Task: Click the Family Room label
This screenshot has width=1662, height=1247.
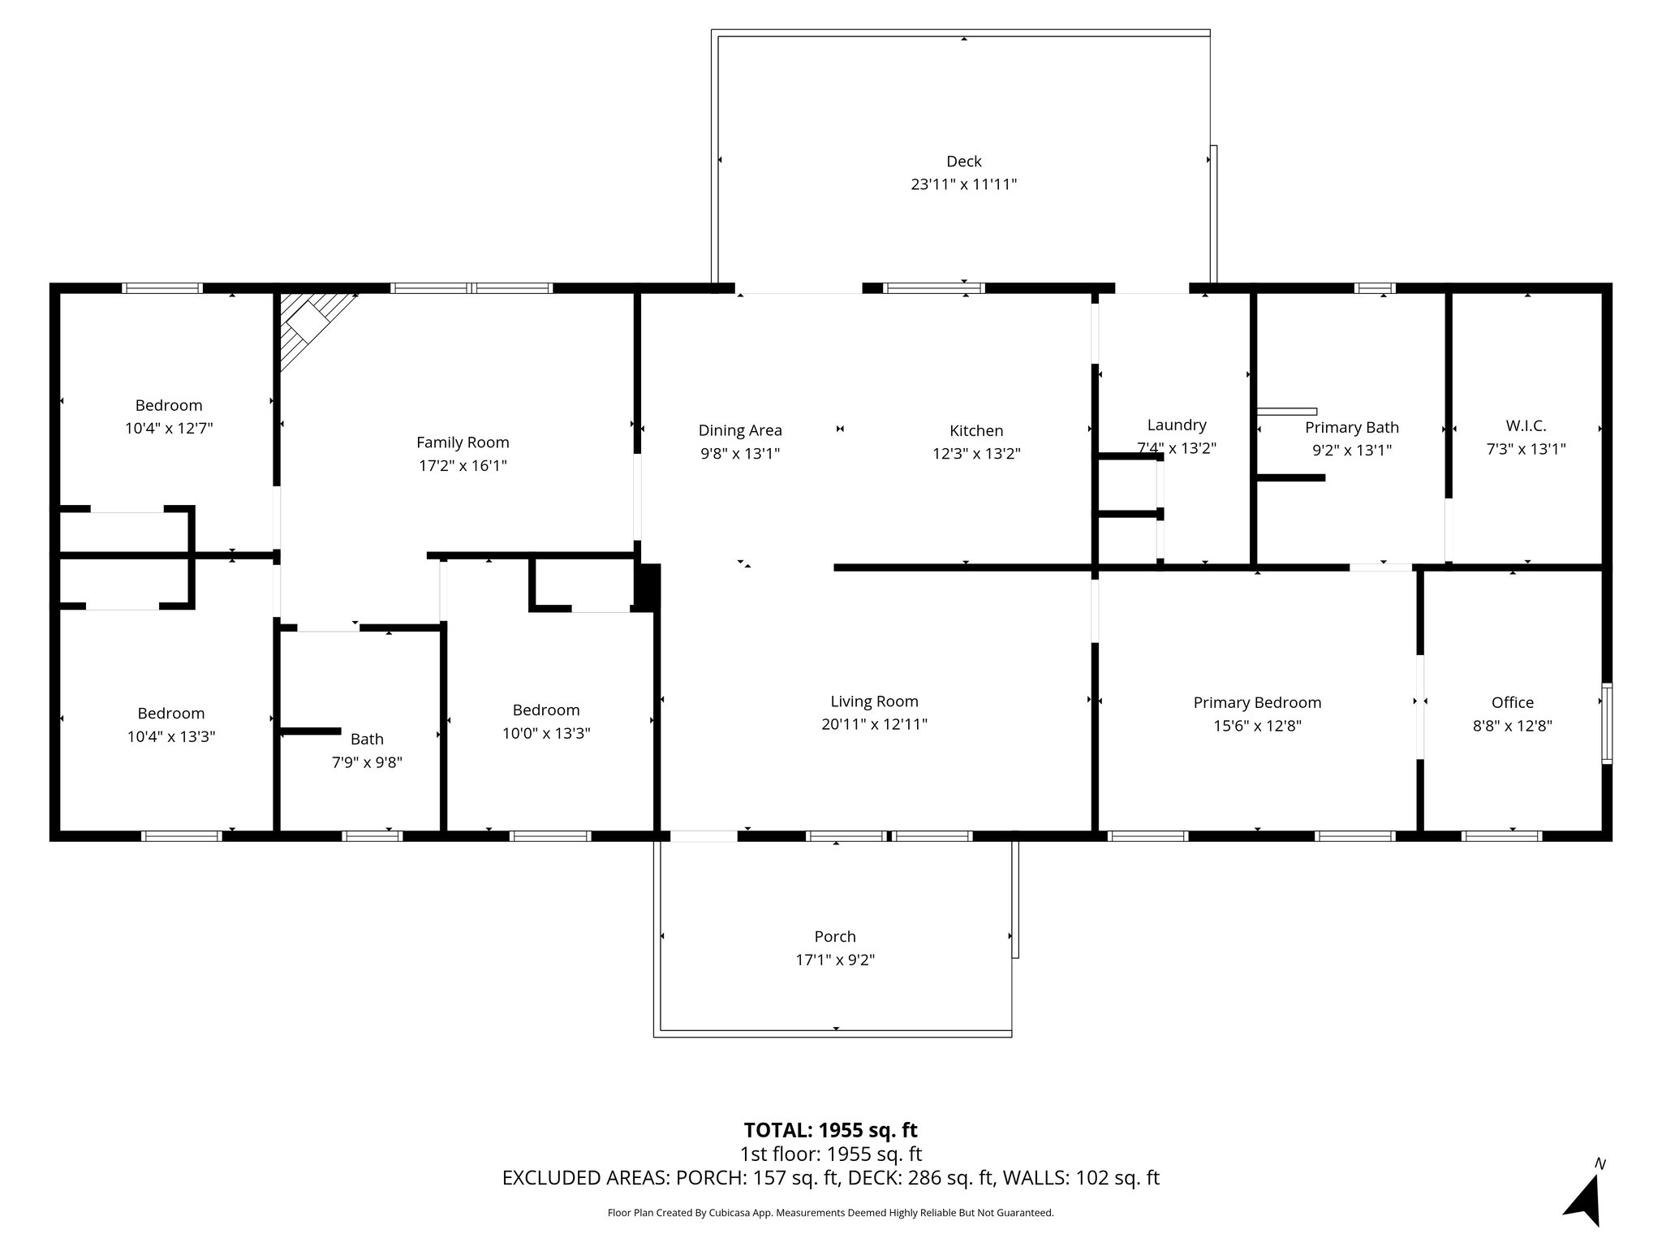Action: tap(463, 442)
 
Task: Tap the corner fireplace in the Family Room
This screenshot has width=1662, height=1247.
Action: tap(312, 325)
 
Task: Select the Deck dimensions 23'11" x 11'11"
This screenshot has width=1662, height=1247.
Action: tap(963, 184)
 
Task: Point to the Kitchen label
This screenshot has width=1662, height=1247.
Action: tap(976, 431)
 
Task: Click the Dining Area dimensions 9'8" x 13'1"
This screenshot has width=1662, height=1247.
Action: tap(739, 454)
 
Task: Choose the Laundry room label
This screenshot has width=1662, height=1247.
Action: tap(1176, 425)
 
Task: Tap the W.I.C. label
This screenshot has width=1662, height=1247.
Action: tap(1526, 425)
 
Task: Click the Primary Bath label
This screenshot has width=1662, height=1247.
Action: tap(1351, 427)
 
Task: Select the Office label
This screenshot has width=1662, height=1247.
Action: tap(1512, 702)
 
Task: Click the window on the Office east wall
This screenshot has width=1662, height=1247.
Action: tap(1606, 723)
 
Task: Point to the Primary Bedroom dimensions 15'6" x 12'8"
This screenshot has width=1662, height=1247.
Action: tap(1257, 726)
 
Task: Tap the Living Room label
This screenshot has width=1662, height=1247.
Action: tap(874, 701)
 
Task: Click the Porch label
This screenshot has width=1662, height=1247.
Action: tap(835, 936)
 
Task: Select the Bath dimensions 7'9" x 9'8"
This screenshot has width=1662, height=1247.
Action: tap(367, 762)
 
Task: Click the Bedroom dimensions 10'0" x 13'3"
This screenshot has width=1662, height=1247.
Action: tap(546, 733)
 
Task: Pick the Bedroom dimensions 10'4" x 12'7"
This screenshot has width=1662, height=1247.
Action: tap(169, 428)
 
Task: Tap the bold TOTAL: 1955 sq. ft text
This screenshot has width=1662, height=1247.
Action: tap(830, 1129)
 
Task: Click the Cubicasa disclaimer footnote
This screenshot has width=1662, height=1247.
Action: tap(830, 1213)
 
